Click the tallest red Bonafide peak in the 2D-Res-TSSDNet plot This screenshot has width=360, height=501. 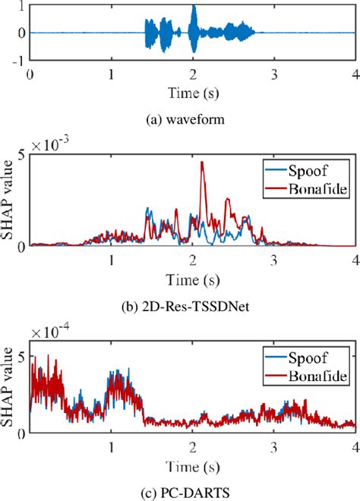click(x=202, y=163)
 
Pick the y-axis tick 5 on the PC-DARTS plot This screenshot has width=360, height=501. click(x=22, y=355)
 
